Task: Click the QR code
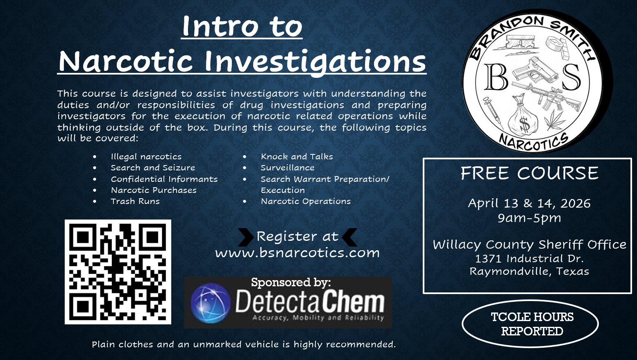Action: pos(118,272)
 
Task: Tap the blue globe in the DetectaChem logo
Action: pos(211,303)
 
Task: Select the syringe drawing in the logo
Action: pos(493,112)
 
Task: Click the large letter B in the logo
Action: pos(496,77)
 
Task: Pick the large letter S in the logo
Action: pos(571,77)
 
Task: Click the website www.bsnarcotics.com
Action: pos(297,253)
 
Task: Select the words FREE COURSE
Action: pos(530,173)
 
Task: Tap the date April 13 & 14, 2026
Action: pos(529,203)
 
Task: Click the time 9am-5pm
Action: pos(529,218)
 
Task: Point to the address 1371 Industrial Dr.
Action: pos(530,258)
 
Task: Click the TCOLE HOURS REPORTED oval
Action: pos(530,324)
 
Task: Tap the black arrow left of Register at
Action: pos(246,237)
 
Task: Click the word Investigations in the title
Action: pos(315,61)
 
